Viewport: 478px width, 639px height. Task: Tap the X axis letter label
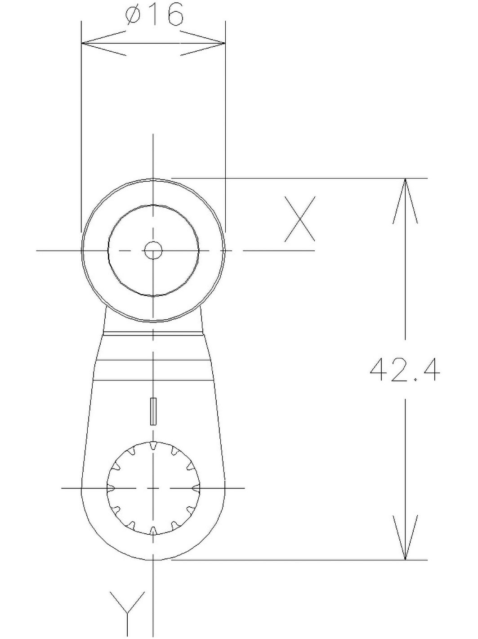click(x=299, y=219)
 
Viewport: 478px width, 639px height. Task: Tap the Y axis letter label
click(x=129, y=612)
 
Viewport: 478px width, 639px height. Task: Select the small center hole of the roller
click(x=153, y=250)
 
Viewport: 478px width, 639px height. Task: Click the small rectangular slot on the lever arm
click(x=153, y=411)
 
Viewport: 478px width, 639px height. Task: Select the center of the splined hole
click(x=153, y=488)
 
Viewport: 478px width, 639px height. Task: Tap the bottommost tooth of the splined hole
click(x=153, y=530)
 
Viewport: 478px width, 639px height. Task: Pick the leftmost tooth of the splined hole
click(x=111, y=488)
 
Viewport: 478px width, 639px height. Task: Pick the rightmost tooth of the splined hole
click(x=196, y=488)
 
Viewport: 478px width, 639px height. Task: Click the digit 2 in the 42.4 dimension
click(x=401, y=370)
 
